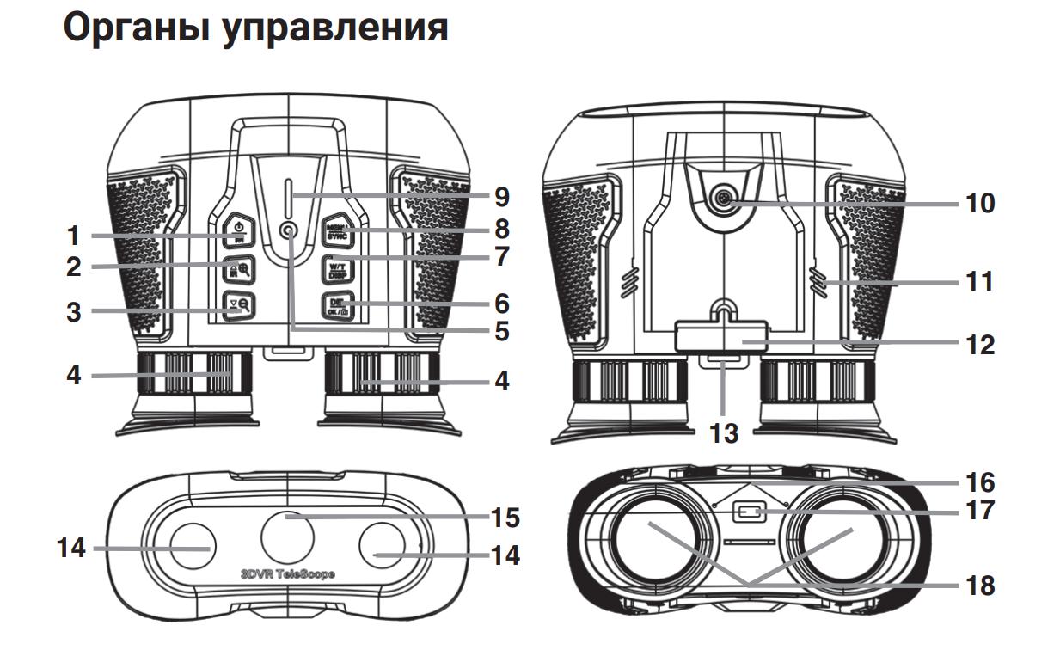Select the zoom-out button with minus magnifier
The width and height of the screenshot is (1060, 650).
pos(238,306)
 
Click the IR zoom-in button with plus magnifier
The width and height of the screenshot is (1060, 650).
pos(238,268)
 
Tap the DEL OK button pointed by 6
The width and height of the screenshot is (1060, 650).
pos(336,305)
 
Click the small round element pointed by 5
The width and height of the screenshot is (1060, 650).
pos(288,230)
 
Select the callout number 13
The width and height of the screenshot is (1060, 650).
pos(724,432)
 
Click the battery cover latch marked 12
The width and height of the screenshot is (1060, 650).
pos(722,336)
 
